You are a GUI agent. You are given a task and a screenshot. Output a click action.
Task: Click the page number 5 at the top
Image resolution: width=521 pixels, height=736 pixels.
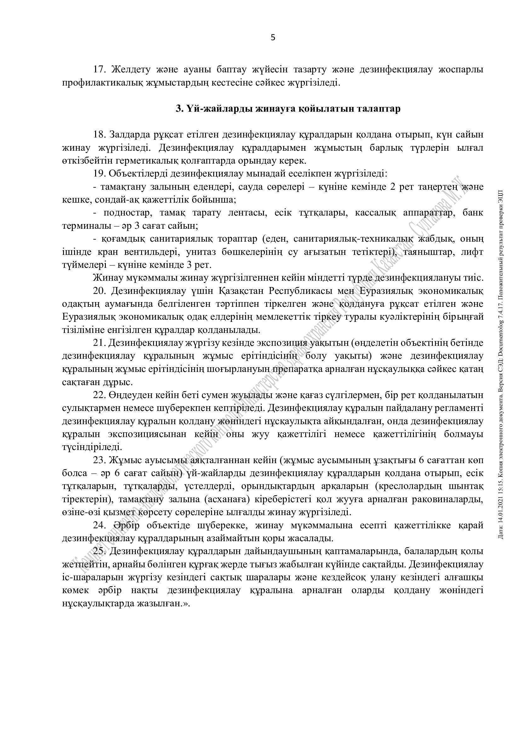[x=273, y=38]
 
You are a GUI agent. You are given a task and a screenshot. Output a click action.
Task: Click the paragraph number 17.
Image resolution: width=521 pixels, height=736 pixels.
[x=100, y=70]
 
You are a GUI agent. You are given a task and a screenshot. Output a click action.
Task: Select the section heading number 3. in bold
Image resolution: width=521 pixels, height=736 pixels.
[x=179, y=109]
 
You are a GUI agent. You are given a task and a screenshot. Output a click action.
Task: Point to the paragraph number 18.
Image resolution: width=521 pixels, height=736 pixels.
[x=100, y=135]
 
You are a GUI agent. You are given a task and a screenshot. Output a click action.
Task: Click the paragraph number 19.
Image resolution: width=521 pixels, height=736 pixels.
[x=100, y=174]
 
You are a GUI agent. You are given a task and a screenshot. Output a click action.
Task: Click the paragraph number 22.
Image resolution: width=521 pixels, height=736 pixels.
[x=100, y=395]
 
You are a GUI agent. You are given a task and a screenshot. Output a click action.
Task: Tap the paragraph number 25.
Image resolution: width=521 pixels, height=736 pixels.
[x=100, y=552]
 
